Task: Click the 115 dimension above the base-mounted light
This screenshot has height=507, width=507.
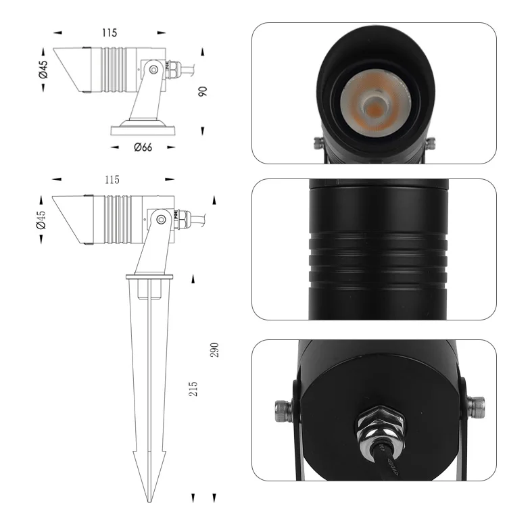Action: [110, 32]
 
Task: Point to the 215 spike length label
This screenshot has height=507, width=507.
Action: [193, 389]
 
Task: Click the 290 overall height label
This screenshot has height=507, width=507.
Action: [216, 349]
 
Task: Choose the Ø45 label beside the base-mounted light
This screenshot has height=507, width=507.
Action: [43, 70]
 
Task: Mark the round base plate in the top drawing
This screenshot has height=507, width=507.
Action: [143, 128]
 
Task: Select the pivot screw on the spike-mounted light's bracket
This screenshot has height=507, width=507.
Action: [160, 218]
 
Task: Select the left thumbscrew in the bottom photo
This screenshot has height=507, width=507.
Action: [283, 409]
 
